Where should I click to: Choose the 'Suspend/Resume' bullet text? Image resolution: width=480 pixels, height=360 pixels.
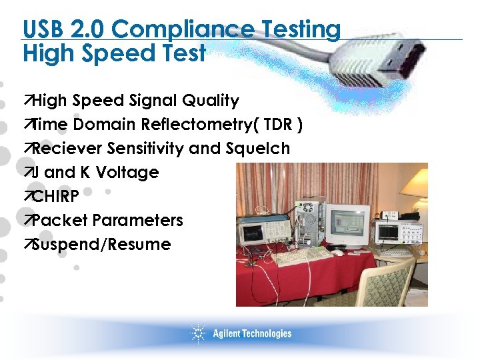(101, 244)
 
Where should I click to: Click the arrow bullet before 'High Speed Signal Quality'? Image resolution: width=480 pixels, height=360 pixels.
(27, 101)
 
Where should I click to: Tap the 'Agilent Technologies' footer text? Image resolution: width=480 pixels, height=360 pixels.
(252, 333)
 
